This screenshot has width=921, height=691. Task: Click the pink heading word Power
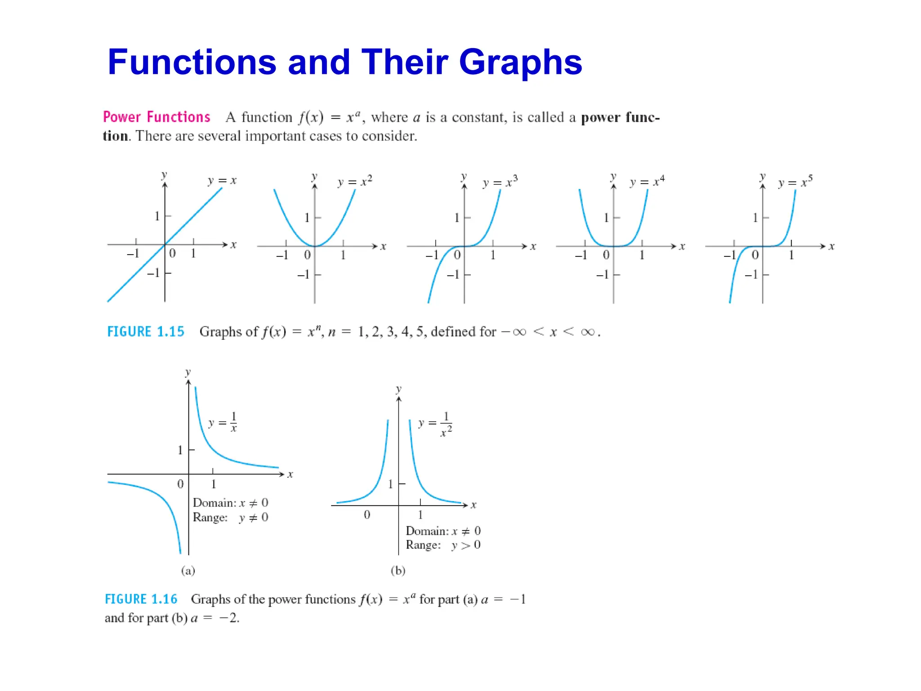coord(122,117)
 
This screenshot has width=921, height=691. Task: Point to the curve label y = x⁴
coord(647,181)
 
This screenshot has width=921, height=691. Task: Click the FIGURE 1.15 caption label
coord(146,332)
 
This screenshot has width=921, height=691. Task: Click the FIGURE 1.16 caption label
coord(141,599)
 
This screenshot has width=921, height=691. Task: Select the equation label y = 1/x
coord(223,422)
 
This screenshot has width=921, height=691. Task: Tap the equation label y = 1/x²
coord(435,424)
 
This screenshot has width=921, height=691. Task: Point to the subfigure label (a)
coord(188,570)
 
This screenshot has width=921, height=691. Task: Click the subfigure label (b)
coord(398,570)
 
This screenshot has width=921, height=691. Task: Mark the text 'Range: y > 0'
coord(443,545)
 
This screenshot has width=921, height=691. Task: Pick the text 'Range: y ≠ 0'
coord(230,517)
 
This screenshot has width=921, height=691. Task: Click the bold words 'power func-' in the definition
coord(620,117)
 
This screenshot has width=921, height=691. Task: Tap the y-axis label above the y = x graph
coord(164,175)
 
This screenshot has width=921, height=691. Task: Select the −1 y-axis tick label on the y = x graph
coord(153,273)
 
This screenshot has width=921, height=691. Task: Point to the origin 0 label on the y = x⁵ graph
coord(755,255)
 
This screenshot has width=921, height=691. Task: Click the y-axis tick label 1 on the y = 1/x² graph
coord(390,484)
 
